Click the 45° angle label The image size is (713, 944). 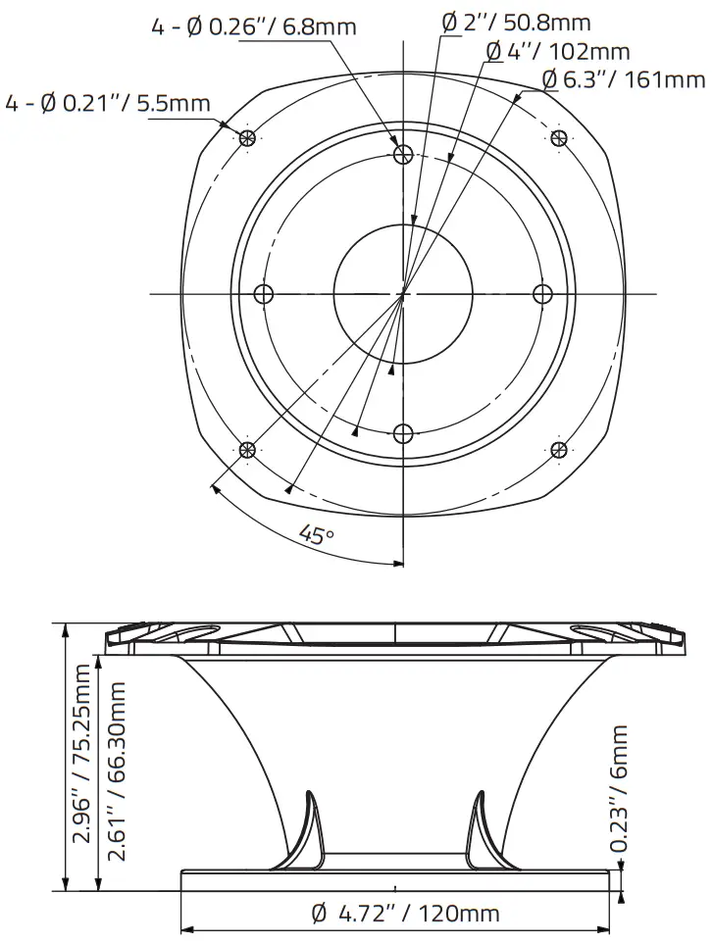(317, 536)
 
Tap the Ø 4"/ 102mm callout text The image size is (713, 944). (558, 52)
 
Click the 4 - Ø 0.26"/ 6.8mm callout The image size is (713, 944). (253, 27)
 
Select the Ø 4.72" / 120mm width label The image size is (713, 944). (404, 915)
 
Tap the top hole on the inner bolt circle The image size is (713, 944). (402, 154)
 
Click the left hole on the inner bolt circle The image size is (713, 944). (263, 293)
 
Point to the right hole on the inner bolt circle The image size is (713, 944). (541, 293)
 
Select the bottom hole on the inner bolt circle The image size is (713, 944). (402, 432)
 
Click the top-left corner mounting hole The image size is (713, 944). (247, 137)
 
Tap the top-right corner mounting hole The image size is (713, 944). (559, 137)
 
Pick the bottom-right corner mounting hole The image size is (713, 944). (559, 449)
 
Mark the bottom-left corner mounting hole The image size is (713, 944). (247, 449)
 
